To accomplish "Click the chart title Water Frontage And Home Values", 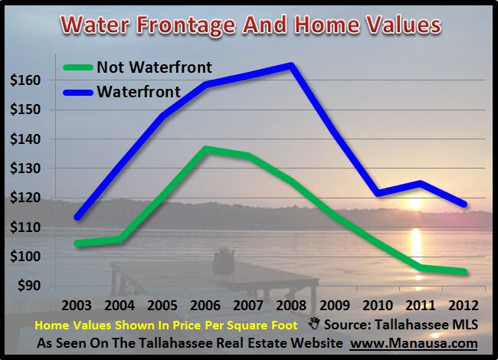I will pyautogui.click(x=249, y=25).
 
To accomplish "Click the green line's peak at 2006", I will pyautogui.click(x=206, y=148).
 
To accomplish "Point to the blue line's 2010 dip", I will pyautogui.click(x=377, y=193).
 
